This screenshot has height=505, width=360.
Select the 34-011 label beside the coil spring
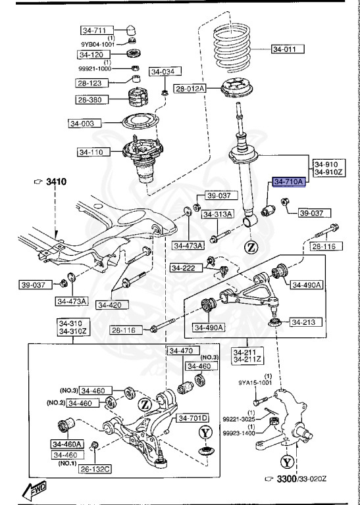(288, 49)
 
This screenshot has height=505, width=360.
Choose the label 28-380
(90, 100)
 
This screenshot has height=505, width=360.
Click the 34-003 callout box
(85, 122)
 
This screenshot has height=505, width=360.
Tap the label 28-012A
(191, 88)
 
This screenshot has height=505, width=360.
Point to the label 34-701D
(192, 418)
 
